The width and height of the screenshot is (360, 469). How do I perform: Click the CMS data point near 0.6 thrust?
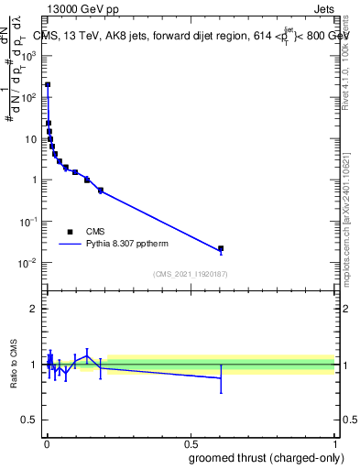[x=221, y=248]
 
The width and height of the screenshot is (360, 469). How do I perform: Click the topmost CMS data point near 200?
[x=48, y=84]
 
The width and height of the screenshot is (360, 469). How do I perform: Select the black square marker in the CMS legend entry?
[x=70, y=232]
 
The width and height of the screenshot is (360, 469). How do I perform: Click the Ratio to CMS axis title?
[x=14, y=365]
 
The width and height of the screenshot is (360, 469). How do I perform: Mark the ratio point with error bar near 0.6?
[x=221, y=377]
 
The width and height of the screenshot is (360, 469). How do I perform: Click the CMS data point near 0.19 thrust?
[x=100, y=191]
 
